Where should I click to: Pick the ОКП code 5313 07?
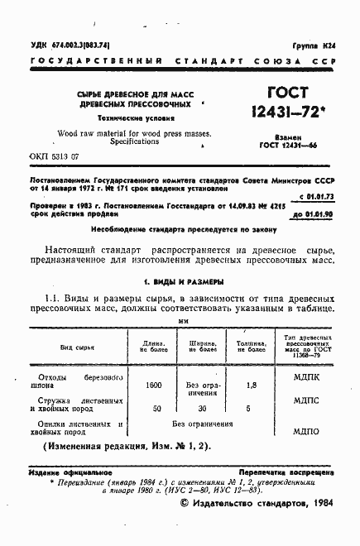click(54, 156)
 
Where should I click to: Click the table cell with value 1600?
click(154, 386)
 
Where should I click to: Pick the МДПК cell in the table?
click(307, 386)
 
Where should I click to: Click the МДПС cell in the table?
click(307, 409)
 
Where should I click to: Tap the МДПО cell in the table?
click(307, 431)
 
